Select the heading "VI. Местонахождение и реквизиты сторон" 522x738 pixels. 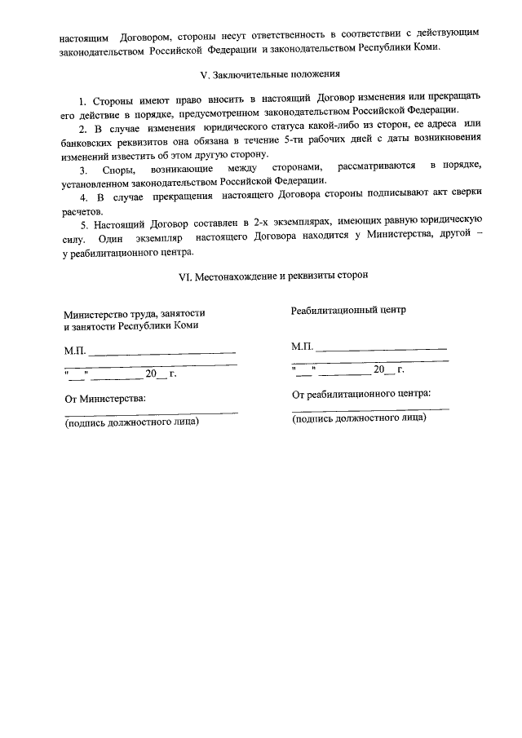[273, 276]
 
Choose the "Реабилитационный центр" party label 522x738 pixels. [348, 310]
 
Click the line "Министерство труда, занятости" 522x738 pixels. [134, 313]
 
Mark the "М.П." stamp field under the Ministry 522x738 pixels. [75, 353]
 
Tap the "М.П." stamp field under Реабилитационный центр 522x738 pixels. [303, 347]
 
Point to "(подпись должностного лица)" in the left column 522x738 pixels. [131, 422]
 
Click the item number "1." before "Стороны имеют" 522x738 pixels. [83, 100]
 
